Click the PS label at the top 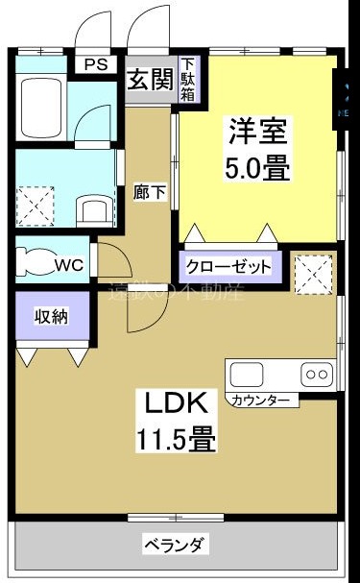[x=95, y=64]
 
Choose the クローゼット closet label [x=228, y=267]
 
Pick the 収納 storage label [x=51, y=317]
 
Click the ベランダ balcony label [x=175, y=546]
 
